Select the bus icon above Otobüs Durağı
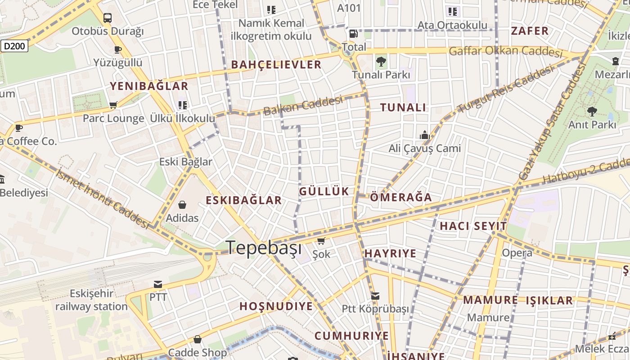[107, 18]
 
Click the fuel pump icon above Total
[354, 34]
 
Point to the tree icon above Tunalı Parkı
[381, 61]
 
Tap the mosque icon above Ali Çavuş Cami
[424, 135]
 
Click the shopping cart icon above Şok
[321, 241]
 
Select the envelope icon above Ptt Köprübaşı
[375, 296]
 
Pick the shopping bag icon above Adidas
[182, 205]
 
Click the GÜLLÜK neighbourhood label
[324, 191]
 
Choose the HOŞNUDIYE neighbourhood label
[276, 306]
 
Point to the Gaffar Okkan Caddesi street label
[506, 51]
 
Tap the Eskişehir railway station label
[91, 300]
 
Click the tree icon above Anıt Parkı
[592, 111]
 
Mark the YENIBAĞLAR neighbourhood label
[149, 86]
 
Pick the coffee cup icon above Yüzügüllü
[118, 49]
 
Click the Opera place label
[517, 253]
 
